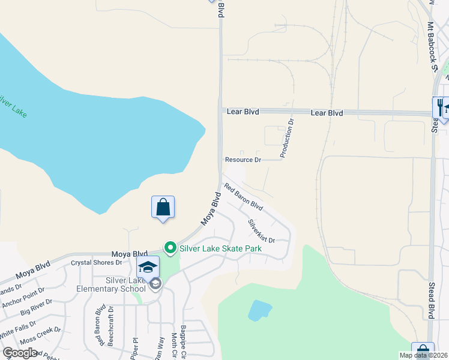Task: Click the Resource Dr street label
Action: click(243, 160)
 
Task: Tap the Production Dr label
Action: click(287, 139)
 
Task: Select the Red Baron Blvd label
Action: click(244, 197)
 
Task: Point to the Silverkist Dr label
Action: click(261, 230)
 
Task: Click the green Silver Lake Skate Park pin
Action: click(170, 247)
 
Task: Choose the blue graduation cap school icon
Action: click(148, 267)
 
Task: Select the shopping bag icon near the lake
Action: click(163, 208)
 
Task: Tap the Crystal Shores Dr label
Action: click(97, 262)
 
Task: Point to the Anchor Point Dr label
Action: click(23, 298)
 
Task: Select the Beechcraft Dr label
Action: click(110, 328)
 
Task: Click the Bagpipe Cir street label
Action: click(183, 338)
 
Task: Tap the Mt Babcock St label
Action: click(432, 47)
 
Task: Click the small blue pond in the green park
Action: click(259, 310)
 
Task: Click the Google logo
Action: click(20, 352)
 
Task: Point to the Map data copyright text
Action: click(423, 355)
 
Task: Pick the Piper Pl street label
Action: click(134, 347)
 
